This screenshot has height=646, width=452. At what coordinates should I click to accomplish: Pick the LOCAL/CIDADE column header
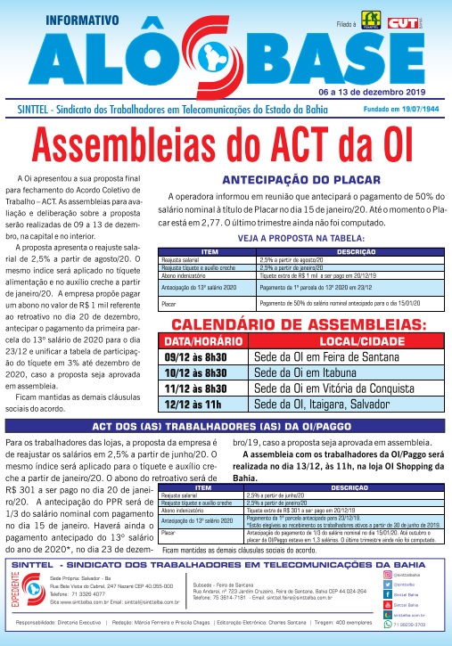pyautogui.click(x=343, y=342)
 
